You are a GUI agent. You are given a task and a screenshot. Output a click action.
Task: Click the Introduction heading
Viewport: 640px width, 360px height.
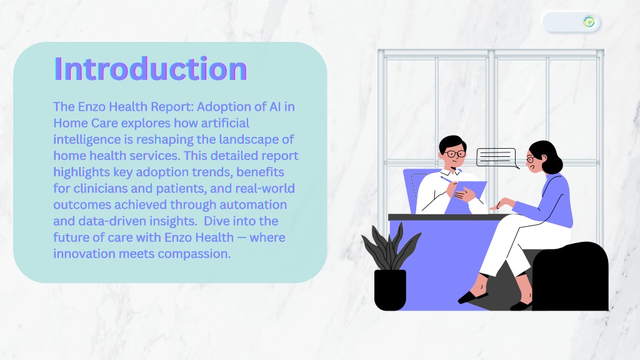151,69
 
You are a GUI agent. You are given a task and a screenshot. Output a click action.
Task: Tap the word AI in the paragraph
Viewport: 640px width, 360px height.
275,106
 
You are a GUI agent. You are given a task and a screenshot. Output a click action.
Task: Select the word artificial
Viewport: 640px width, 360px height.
225,123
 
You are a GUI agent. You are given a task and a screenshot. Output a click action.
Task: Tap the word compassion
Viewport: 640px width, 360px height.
194,254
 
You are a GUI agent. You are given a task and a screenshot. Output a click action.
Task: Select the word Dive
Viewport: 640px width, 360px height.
216,221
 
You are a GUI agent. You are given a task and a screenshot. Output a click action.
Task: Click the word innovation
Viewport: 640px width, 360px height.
84,254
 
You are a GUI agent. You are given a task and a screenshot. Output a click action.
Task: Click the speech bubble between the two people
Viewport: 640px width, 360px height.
497,157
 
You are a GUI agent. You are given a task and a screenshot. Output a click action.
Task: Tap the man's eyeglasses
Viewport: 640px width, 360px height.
455,154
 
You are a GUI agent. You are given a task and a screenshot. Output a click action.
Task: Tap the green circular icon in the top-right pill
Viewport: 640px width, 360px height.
589,22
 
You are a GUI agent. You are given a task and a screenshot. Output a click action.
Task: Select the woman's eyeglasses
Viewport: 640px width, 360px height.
530,159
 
